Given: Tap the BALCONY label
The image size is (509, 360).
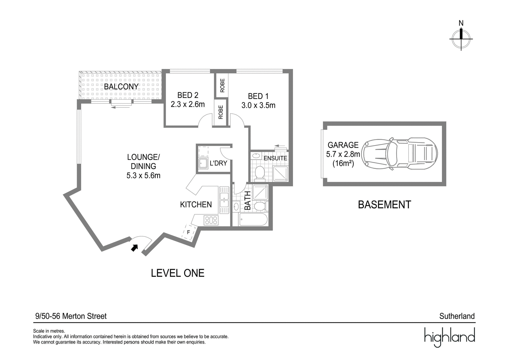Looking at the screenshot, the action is pos(121,87).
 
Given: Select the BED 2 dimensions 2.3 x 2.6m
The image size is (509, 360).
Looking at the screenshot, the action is pos(188,104).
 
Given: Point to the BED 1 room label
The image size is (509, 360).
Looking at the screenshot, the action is pos(258,96).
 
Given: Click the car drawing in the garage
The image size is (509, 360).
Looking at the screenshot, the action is pos(400,154).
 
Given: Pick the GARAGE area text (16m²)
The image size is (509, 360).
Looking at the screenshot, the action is pos(343,163).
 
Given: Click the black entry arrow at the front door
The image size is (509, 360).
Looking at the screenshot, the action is pos(135,248).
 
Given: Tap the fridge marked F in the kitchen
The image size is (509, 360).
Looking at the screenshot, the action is pos(188,232).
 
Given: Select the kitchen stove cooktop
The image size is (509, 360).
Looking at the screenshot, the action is pos(211,220).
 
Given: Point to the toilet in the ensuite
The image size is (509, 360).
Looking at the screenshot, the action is pos(260,174).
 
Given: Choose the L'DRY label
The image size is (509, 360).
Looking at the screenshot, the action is pos(218,163).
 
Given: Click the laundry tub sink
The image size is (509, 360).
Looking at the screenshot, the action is pos(203,163).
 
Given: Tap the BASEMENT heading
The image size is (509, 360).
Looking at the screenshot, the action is pos(385,204).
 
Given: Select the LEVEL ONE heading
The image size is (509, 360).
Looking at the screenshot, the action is pos(178,273).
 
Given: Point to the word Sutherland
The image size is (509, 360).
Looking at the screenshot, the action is pos(457,316).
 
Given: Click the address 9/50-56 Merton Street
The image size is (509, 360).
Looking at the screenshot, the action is pos(71,316).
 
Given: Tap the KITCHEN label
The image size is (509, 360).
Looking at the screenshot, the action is pos(196,204).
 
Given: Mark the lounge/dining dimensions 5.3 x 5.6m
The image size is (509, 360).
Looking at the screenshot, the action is pos(143,175).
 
